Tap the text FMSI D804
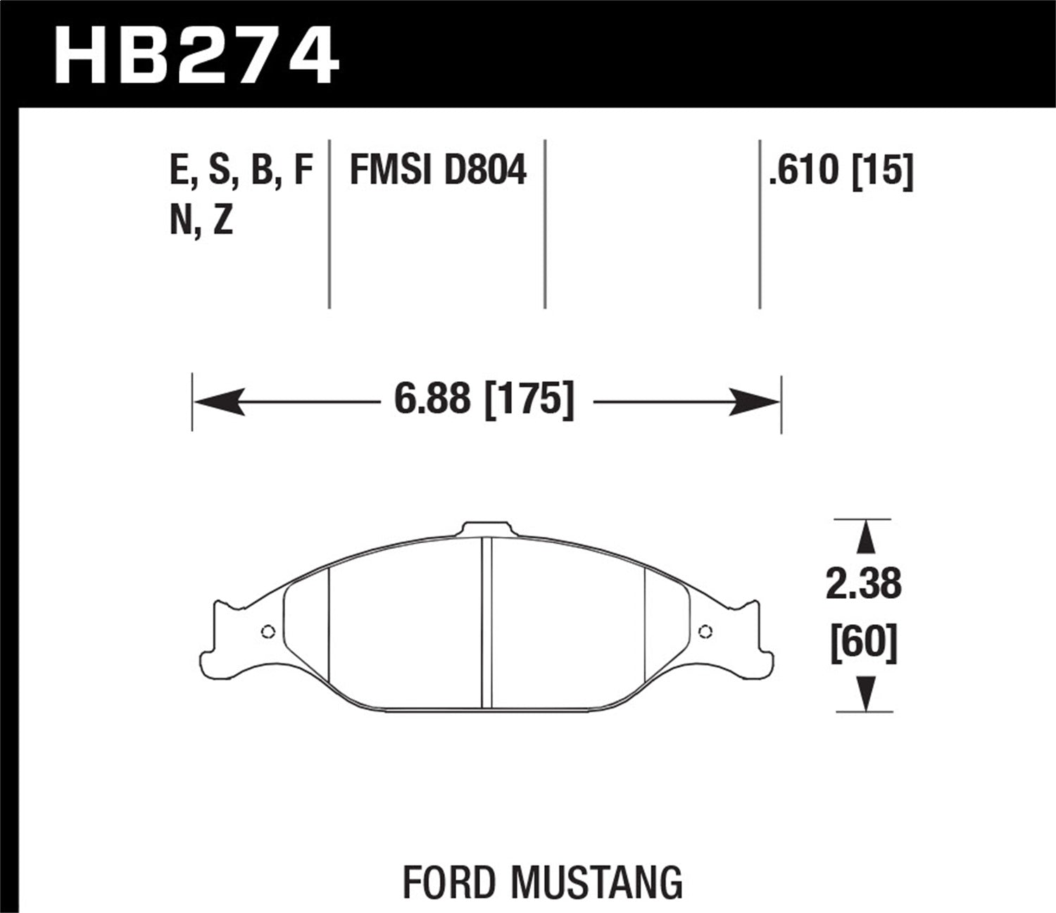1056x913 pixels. pyautogui.click(x=437, y=171)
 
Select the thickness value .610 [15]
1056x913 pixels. pyautogui.click(x=841, y=171)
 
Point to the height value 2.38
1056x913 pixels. pyautogui.click(x=863, y=585)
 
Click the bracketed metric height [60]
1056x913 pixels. pyautogui.click(x=863, y=644)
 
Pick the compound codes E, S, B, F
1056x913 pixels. pyautogui.click(x=241, y=171)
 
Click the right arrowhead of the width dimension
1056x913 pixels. pyautogui.click(x=755, y=402)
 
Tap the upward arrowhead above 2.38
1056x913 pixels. pyautogui.click(x=865, y=539)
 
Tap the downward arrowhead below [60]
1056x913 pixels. pyautogui.click(x=865, y=693)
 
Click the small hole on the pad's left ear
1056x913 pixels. pyautogui.click(x=267, y=631)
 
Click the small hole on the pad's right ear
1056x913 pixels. pyautogui.click(x=704, y=631)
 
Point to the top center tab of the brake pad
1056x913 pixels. pyautogui.click(x=485, y=530)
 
